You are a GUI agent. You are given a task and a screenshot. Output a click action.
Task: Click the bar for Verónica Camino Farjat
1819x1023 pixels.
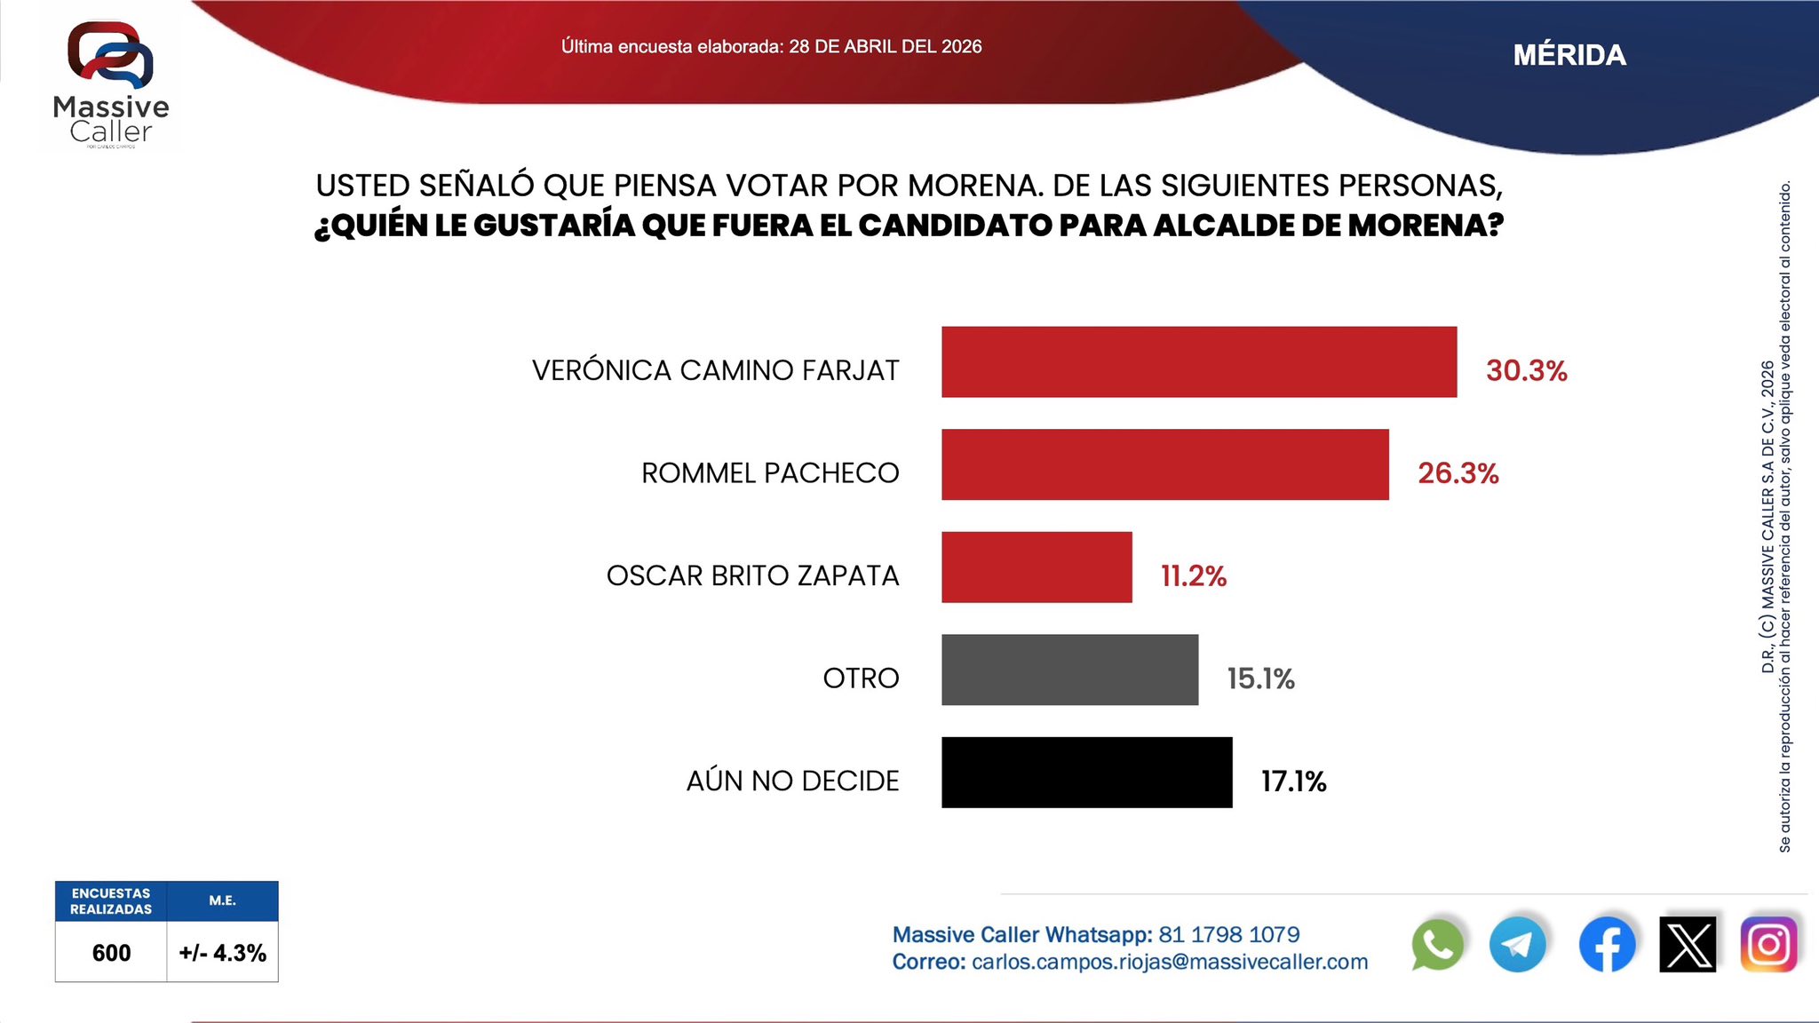click(1199, 361)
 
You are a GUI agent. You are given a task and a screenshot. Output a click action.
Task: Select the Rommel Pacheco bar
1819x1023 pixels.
click(1164, 464)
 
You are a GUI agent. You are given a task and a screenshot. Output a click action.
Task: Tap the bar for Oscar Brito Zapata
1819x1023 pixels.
click(1037, 567)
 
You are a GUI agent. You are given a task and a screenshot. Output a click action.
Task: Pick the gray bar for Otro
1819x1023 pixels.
click(1069, 670)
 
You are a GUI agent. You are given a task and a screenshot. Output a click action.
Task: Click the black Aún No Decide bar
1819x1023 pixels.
click(1086, 773)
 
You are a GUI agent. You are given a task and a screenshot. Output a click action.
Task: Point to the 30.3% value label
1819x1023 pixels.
click(1526, 370)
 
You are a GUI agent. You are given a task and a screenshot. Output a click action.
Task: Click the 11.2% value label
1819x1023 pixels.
click(1193, 576)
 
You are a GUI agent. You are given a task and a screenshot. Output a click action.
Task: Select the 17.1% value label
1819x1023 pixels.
click(1293, 781)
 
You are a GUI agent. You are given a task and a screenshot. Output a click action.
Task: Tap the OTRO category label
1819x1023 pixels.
click(861, 678)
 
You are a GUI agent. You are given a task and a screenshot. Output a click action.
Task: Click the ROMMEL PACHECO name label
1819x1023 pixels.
click(770, 473)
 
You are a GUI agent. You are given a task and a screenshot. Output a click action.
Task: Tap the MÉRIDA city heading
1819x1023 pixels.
click(1569, 55)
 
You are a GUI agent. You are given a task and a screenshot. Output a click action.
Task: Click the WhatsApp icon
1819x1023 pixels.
click(1436, 945)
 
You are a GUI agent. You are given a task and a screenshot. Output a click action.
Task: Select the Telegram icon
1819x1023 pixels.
click(1517, 945)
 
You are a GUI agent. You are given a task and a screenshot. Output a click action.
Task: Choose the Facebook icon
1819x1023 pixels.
click(1607, 945)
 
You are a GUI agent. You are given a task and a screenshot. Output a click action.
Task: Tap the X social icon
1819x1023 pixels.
click(1688, 945)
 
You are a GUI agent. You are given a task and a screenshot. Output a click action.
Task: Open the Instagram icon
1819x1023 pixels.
click(1768, 945)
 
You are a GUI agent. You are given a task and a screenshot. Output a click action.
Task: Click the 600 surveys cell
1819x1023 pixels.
click(111, 953)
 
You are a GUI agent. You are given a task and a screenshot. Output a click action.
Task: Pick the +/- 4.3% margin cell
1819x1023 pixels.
click(222, 953)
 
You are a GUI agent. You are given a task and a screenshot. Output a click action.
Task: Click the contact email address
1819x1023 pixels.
click(1170, 962)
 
